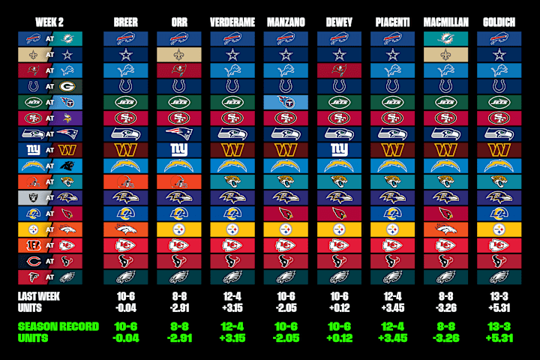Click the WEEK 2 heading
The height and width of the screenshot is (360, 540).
[x=50, y=22]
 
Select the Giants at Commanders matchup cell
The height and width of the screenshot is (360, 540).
[x=50, y=150]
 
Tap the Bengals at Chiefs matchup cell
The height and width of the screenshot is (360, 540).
[x=50, y=245]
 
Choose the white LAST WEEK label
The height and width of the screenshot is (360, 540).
[x=39, y=296]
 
